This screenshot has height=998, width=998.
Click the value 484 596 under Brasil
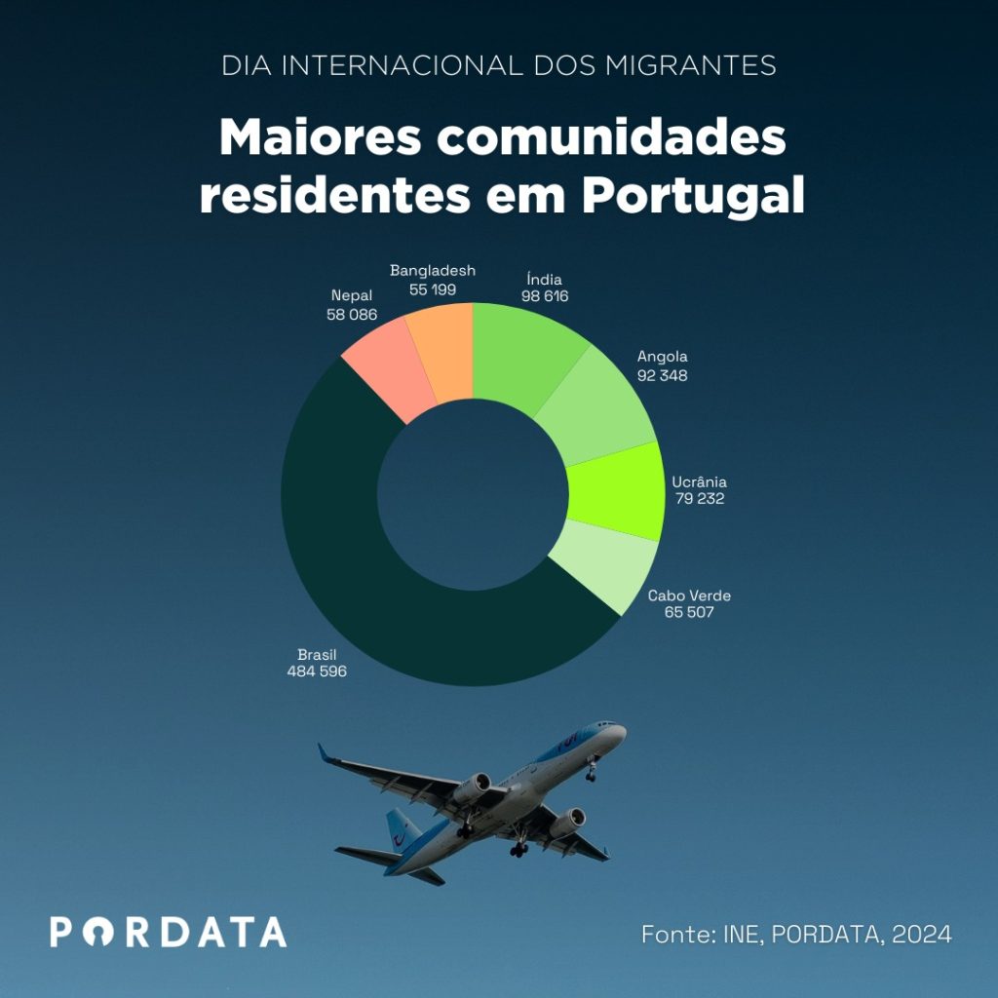[x=317, y=672]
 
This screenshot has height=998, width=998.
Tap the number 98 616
[x=544, y=296]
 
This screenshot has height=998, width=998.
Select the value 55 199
[x=433, y=289]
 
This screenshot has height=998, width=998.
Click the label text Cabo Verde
[x=689, y=595]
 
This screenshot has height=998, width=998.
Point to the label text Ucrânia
[x=699, y=481]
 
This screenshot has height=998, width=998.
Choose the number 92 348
[x=662, y=374]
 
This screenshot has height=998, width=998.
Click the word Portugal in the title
[x=693, y=194]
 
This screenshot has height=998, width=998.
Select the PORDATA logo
[x=169, y=932]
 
